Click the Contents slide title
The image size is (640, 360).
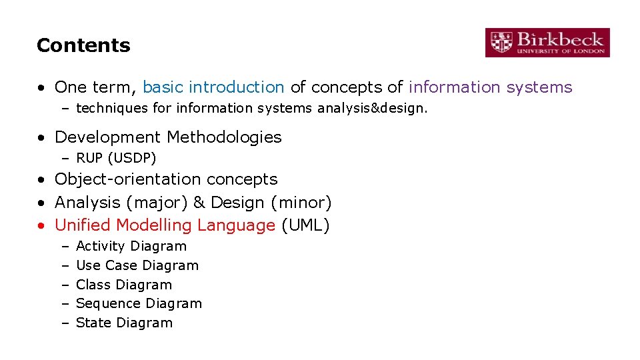(83, 45)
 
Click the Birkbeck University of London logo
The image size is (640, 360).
(547, 42)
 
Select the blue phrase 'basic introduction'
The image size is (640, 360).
(213, 87)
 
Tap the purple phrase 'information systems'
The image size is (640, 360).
(490, 87)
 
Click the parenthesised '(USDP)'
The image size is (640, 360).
(133, 158)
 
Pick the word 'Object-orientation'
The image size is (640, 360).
(128, 179)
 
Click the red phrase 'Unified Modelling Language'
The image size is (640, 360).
(165, 225)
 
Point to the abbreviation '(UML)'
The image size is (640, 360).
(305, 225)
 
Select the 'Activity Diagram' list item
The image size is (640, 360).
(131, 246)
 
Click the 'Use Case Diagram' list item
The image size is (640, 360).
(137, 265)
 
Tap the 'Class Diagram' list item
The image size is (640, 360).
(124, 285)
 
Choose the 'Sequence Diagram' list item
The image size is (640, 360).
(139, 303)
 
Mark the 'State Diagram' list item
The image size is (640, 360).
(124, 323)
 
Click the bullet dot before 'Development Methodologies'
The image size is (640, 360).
(41, 138)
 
